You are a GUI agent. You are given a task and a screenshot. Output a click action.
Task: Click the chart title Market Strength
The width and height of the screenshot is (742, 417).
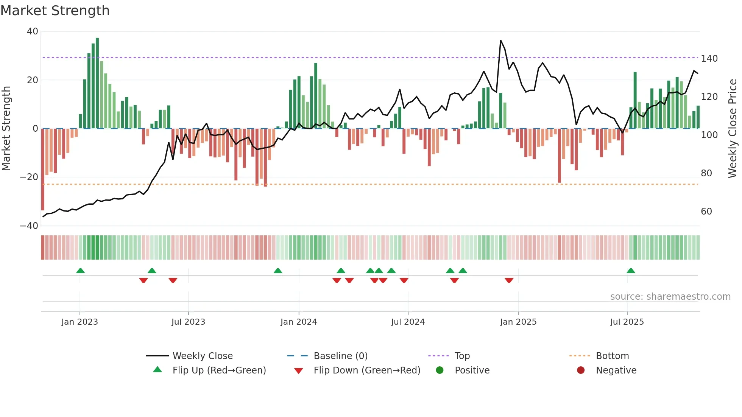tap(55, 11)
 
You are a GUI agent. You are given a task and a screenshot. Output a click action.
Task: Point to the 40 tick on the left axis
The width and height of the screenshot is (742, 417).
tap(33, 31)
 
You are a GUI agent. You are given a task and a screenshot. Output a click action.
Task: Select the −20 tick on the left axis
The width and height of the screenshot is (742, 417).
tap(29, 177)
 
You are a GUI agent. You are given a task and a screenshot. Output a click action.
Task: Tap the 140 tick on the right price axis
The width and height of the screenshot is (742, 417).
tap(709, 59)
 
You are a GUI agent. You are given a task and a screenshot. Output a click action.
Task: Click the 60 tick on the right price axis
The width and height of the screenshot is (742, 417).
tap(706, 212)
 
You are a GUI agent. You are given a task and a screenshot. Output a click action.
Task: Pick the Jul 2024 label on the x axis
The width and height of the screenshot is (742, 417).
tap(408, 322)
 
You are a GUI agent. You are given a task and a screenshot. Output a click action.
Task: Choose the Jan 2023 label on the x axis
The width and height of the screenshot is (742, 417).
tap(79, 322)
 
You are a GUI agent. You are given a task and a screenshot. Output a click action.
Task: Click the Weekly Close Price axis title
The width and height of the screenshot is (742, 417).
tap(733, 129)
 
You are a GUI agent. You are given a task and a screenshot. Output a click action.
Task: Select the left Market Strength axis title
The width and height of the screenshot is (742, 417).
tap(6, 129)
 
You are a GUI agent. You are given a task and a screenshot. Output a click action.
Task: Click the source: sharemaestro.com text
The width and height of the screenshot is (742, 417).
tap(670, 297)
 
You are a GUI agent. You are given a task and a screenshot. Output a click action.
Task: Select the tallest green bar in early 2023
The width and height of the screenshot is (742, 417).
tap(97, 83)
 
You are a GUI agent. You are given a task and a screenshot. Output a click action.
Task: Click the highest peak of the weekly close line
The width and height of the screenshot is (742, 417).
tap(500, 40)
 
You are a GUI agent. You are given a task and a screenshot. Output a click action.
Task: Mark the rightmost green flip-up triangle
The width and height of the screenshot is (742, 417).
tap(631, 271)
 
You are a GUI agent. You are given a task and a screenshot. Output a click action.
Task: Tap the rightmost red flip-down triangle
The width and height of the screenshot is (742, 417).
tap(509, 280)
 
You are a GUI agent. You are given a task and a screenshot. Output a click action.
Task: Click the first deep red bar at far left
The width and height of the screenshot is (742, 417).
tap(43, 170)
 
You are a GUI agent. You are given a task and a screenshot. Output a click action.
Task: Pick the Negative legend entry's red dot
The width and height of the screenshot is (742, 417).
tap(581, 370)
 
